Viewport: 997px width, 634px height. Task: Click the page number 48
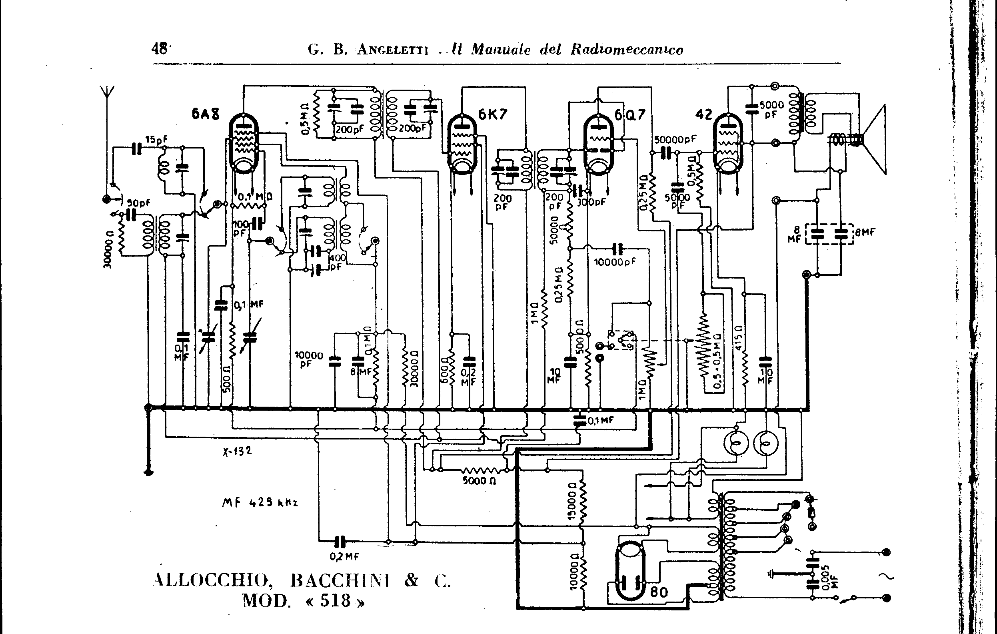click(160, 49)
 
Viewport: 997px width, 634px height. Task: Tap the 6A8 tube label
click(206, 114)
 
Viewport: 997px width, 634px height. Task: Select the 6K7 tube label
click(492, 114)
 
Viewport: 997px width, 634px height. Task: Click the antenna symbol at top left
click(107, 93)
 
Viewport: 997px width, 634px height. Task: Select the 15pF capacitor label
click(156, 139)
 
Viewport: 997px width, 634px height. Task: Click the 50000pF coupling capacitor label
click(675, 139)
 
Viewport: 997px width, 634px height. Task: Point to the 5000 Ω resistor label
click(479, 481)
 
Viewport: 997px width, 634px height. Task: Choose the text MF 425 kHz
click(260, 503)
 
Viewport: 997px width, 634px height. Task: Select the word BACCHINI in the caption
click(340, 580)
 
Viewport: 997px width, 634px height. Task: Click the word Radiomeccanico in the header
click(627, 50)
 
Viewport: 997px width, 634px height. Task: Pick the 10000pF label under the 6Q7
click(615, 262)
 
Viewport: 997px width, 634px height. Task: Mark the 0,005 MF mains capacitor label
click(825, 577)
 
